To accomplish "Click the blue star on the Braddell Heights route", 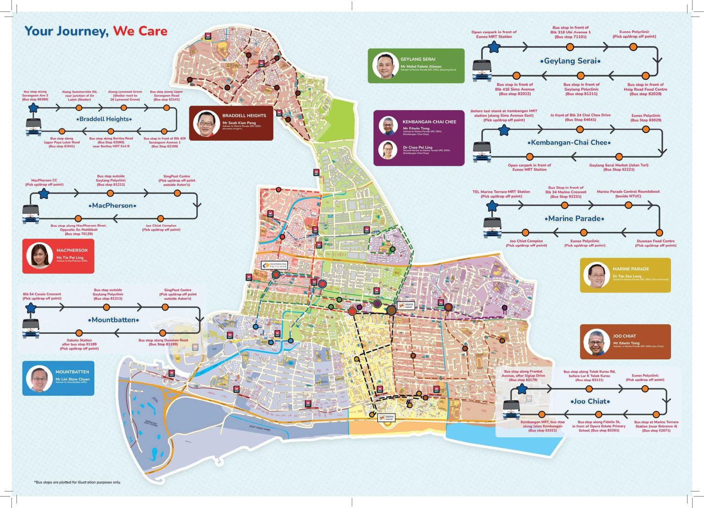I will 33,108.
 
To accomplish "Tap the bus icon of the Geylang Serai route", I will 482,70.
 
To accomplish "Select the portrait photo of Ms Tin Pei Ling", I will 39,255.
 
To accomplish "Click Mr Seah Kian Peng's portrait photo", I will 206,123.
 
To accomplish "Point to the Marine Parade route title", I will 574,219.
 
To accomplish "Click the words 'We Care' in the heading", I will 140,31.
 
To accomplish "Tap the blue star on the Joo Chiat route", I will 522,389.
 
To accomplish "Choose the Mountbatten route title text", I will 113,320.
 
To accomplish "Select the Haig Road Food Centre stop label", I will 645,89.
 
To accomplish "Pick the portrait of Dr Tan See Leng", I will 596,275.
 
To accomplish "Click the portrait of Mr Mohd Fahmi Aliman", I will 385,66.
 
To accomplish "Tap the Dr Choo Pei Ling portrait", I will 388,149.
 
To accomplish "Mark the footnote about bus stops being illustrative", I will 77,482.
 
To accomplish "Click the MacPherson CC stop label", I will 44,182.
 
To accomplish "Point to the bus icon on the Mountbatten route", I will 31,327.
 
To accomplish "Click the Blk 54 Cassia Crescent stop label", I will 42,296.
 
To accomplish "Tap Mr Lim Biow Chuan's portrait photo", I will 39,379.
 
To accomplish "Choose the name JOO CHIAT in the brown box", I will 624,336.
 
